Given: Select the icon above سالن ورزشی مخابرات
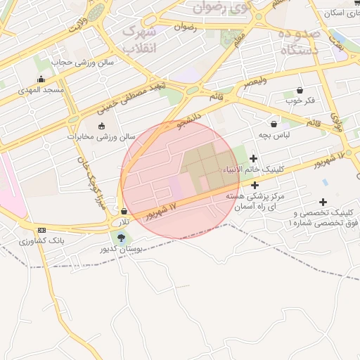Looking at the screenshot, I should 102,126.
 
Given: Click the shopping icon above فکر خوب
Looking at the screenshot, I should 300,90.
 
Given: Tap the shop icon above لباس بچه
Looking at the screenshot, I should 274,124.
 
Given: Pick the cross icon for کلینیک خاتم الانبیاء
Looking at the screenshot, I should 253,158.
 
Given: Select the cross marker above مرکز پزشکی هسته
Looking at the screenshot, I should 255,184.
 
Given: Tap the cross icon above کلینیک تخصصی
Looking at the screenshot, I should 323,202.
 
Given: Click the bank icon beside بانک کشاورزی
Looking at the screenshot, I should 41,230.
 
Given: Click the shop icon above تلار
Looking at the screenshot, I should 124,211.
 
